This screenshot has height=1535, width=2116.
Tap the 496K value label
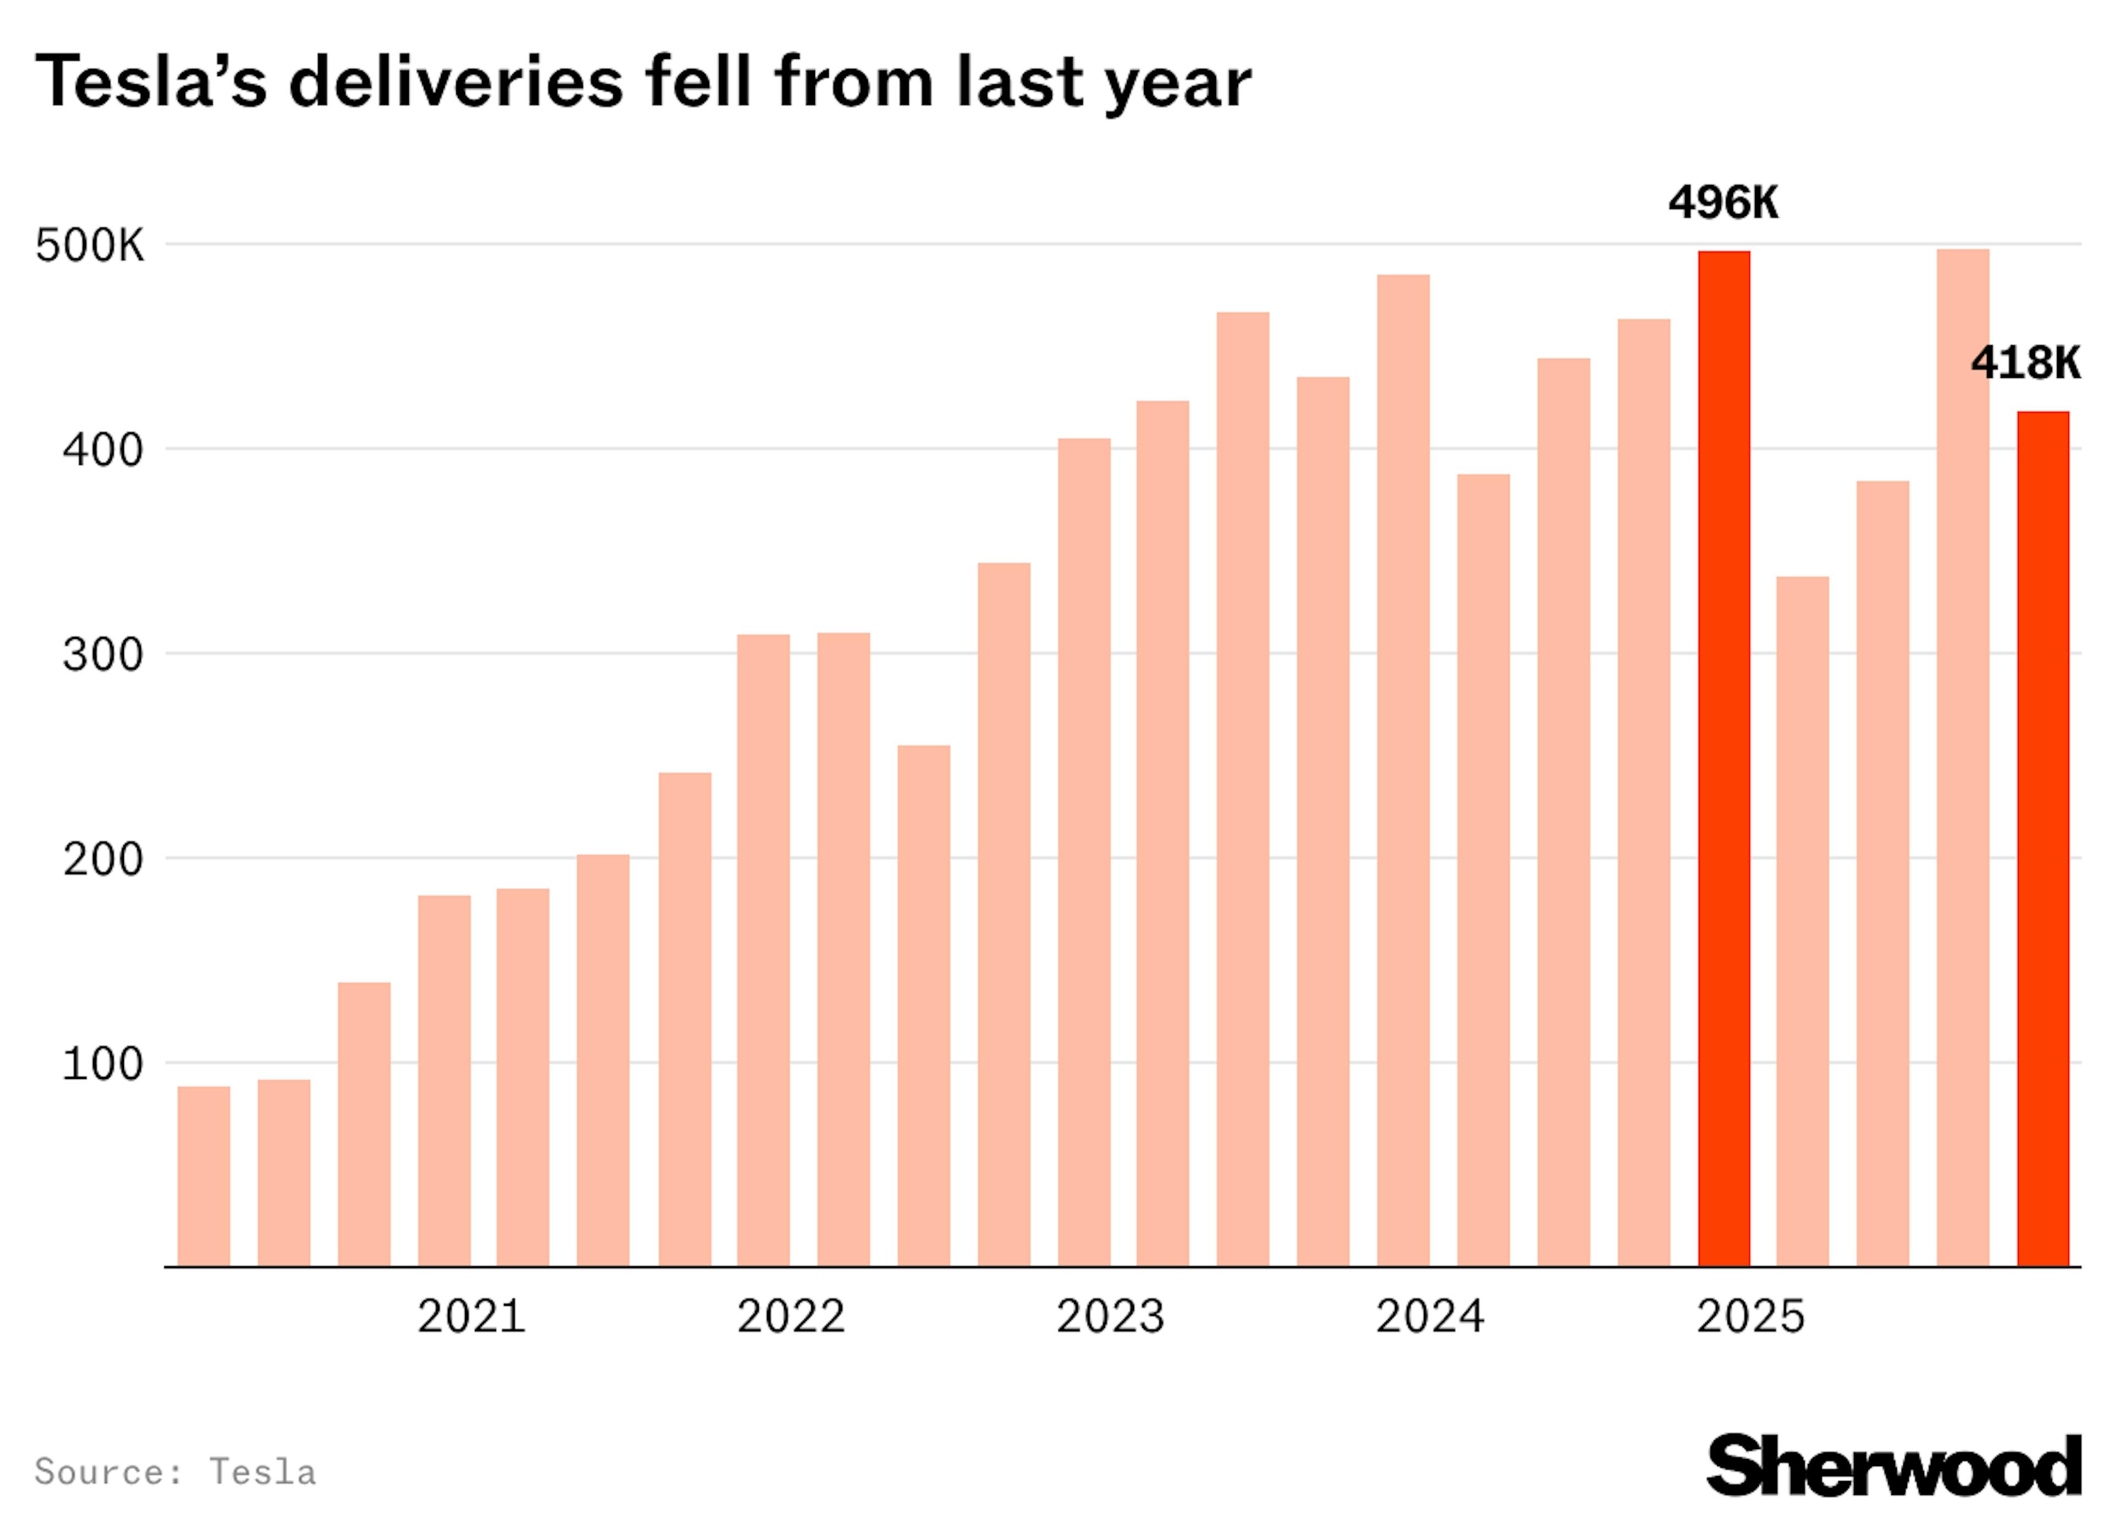coord(1723,202)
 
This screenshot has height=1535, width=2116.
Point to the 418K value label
coord(2025,363)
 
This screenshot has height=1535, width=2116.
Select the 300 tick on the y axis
coord(102,655)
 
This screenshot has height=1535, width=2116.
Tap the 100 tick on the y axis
coord(102,1064)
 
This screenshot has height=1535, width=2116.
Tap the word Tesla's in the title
coord(151,82)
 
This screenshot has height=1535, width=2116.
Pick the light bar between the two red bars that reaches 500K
coord(1962,757)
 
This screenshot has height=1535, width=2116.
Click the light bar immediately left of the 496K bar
coord(1644,793)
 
